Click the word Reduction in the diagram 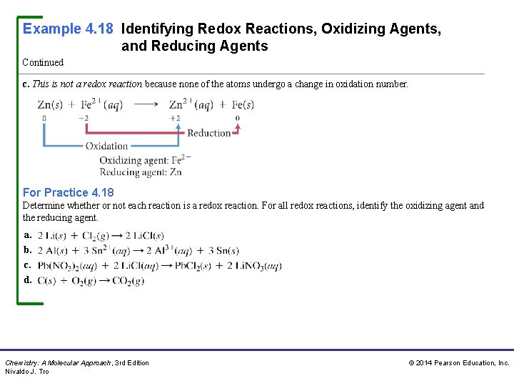[x=209, y=133]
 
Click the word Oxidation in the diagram [x=106, y=147]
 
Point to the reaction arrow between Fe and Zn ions [x=146, y=104]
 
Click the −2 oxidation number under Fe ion [x=84, y=118]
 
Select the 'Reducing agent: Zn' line [x=140, y=172]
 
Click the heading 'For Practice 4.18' [x=68, y=192]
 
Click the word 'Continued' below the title [x=43, y=63]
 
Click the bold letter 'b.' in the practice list [x=27, y=250]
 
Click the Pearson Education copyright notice [x=458, y=363]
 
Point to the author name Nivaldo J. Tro [x=27, y=372]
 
